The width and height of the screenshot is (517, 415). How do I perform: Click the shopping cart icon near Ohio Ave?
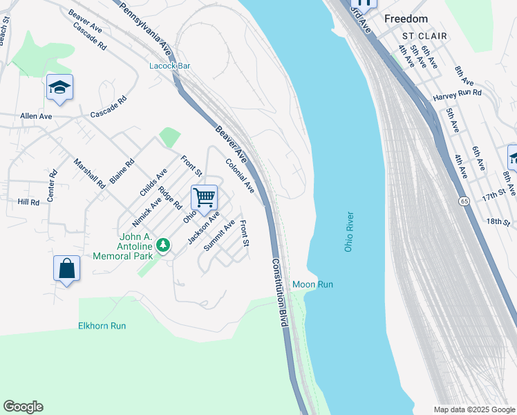[205, 197]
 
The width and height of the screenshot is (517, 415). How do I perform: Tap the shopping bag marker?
[66, 268]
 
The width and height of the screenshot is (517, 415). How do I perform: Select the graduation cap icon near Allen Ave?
[59, 87]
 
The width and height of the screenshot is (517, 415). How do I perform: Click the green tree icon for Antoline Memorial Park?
[163, 245]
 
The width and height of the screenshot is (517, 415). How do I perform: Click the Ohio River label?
[349, 232]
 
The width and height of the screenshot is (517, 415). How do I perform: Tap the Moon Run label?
[312, 284]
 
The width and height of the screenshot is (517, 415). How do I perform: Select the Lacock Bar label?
[170, 66]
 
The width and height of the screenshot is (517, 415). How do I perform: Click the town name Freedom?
[406, 19]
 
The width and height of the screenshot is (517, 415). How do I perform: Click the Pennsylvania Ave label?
[145, 29]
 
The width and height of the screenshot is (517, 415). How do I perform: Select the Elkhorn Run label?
[102, 325]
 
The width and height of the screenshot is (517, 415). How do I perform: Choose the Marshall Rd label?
[89, 174]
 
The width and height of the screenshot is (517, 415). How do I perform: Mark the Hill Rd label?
[29, 202]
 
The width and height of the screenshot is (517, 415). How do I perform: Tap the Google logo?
[23, 407]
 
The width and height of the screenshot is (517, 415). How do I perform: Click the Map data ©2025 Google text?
[473, 409]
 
